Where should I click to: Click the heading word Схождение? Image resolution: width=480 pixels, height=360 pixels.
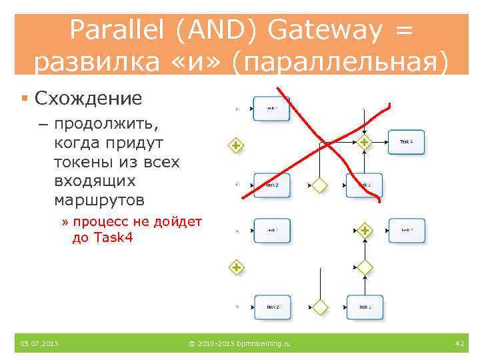coord(88,99)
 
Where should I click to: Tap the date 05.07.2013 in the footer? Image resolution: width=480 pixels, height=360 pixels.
coord(39,343)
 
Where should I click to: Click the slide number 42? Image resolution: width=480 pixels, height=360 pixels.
coord(459,343)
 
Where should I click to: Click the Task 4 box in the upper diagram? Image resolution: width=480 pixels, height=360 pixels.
coord(406,142)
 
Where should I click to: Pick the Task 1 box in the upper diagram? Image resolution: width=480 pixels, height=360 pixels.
coord(271,108)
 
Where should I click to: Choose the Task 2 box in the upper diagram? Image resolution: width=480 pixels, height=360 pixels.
coord(271,185)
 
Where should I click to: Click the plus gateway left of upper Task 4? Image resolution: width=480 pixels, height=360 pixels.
coord(364,142)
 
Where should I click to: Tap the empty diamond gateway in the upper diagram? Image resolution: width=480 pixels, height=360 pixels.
coord(321,185)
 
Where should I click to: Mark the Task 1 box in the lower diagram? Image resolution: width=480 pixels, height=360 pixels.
coord(271,231)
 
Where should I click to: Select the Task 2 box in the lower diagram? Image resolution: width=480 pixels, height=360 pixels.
coord(271,307)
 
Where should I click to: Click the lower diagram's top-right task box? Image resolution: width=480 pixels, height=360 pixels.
coord(406,231)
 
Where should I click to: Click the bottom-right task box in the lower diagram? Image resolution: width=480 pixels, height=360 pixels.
coord(365,307)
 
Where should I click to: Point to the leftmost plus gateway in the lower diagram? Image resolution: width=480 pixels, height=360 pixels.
coord(235,268)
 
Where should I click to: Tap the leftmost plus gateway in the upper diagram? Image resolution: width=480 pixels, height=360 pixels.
coord(235,145)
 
